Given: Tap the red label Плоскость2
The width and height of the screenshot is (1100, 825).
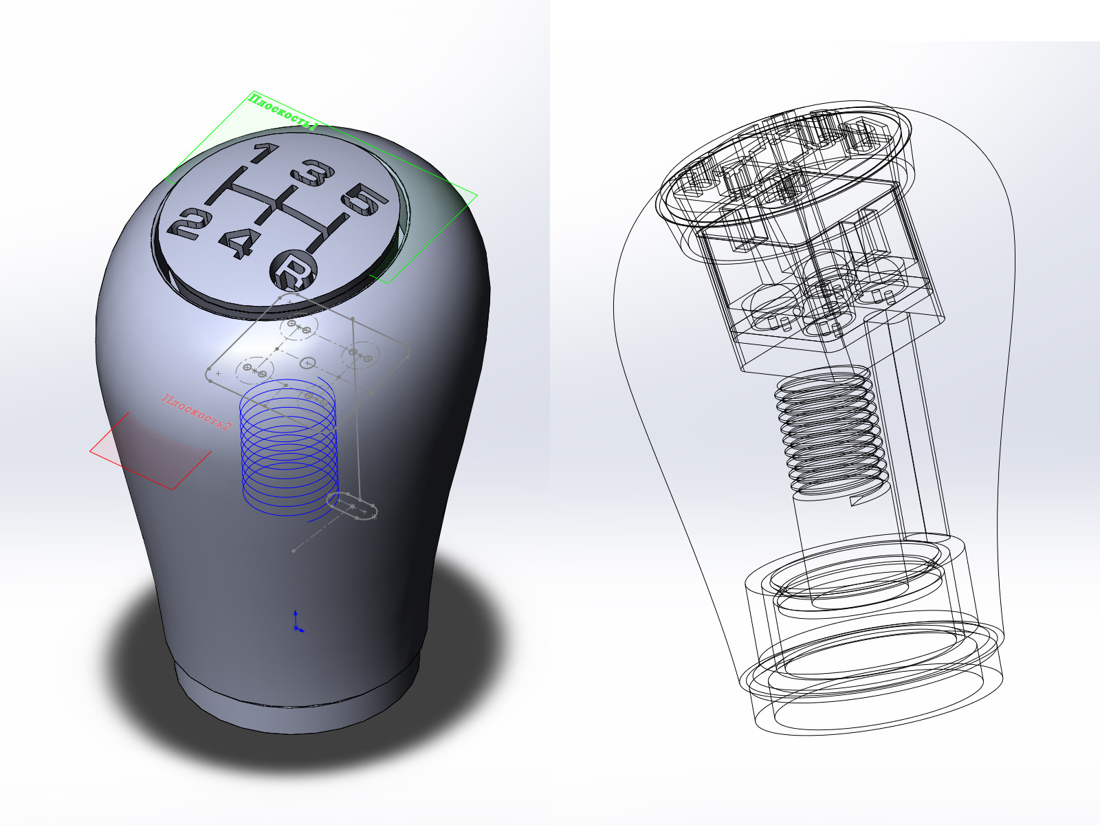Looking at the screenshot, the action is (197, 412).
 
